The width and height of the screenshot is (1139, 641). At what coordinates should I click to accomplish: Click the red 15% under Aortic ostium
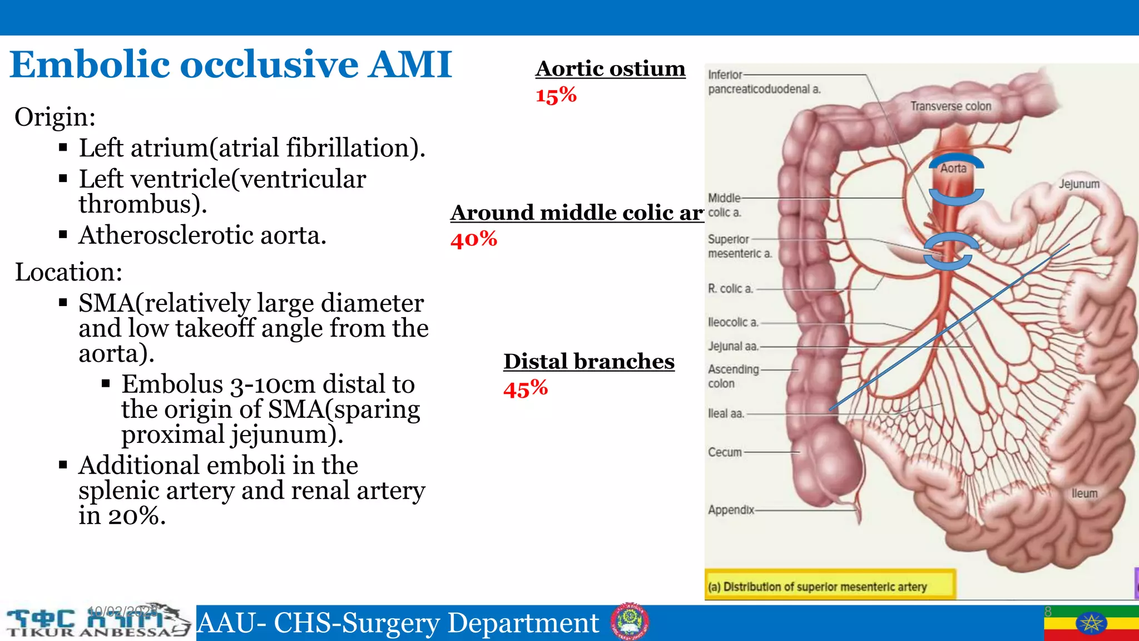(x=556, y=95)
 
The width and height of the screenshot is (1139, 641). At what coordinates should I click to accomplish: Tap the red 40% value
(x=473, y=239)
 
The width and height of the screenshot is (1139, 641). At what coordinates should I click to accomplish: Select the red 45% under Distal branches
(x=525, y=388)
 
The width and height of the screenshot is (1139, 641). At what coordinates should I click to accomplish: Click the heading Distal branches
(x=588, y=362)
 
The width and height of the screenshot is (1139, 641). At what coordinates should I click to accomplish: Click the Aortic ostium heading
(x=610, y=68)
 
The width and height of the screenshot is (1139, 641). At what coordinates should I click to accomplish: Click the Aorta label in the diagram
(x=953, y=168)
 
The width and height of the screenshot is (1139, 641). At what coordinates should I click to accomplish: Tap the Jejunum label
(x=1078, y=184)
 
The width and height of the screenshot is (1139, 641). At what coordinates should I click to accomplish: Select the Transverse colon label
(x=950, y=106)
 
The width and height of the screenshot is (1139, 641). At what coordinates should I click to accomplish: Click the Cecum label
(x=724, y=452)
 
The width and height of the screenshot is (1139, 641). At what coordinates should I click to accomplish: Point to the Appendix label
(x=731, y=510)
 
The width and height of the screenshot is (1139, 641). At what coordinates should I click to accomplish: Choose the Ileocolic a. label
(x=732, y=322)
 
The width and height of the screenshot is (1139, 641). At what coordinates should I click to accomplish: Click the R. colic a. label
(x=730, y=289)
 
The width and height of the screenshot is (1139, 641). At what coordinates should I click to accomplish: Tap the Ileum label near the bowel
(x=1084, y=494)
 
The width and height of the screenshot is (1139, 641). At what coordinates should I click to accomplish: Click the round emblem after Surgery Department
(x=629, y=622)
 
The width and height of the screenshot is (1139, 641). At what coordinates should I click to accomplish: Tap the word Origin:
(x=55, y=117)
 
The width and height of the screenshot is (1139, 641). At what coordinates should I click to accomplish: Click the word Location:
(x=68, y=273)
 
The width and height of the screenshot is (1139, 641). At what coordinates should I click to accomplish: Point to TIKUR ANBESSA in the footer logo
(x=95, y=633)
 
